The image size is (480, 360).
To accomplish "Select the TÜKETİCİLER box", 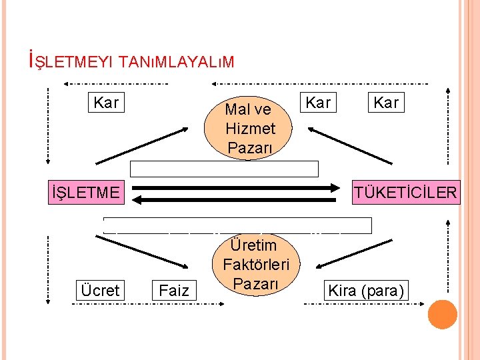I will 405,193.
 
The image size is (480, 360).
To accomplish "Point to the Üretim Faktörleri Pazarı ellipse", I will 256,265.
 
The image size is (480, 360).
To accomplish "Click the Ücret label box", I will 100,291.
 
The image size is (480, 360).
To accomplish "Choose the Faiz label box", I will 174,291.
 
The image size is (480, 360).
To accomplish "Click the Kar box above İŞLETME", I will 106,103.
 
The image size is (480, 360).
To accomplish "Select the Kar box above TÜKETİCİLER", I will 386,103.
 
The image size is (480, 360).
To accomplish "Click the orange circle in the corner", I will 442,315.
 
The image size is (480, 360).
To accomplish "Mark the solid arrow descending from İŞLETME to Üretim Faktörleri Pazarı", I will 146,252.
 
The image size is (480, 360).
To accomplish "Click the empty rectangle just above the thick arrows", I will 224,169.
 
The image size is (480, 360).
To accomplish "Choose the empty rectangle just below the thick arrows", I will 237,225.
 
